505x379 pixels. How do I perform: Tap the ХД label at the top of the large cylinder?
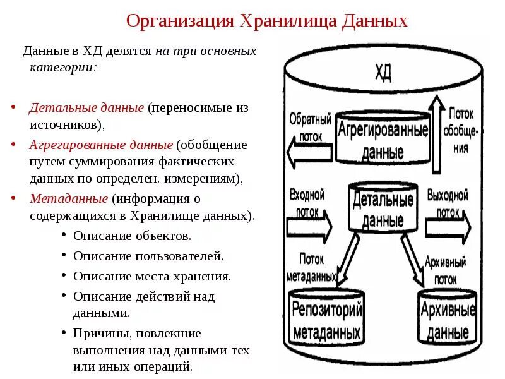click(383, 72)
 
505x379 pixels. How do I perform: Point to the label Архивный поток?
click(446, 268)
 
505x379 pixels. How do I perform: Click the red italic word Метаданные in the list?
click(69, 198)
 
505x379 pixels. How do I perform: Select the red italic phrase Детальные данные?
click(87, 107)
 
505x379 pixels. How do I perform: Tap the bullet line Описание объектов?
click(132, 236)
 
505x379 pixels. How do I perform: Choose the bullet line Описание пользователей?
click(148, 256)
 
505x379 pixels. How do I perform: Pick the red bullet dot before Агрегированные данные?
click(14, 145)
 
